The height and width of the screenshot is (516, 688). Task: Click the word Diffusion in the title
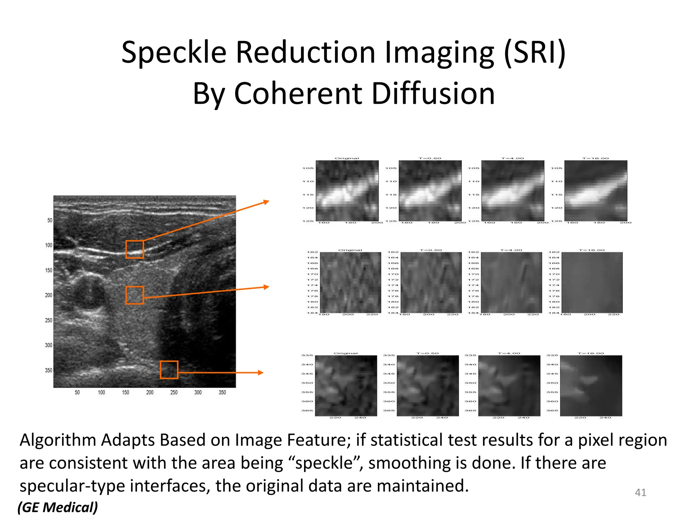coord(433,94)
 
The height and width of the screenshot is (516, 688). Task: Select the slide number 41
coord(640,492)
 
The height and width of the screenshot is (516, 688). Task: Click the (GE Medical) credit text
coord(58,507)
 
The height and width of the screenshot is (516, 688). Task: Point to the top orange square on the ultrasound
coord(135,249)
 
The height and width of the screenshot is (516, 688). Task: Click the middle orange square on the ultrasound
coord(135,295)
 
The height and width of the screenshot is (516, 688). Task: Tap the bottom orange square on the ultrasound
coord(169,370)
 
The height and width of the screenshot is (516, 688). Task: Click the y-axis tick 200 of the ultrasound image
coord(49,295)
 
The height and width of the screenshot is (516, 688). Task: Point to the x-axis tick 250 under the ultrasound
coord(174,392)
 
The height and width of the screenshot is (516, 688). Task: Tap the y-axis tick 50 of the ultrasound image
coord(50,220)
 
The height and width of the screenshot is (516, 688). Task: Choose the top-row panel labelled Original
coord(347,190)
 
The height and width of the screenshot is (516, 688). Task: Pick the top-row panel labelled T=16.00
coord(596,190)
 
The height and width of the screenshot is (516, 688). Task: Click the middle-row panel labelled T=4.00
coord(512,283)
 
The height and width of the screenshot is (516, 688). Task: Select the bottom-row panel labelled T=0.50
coord(428,386)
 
